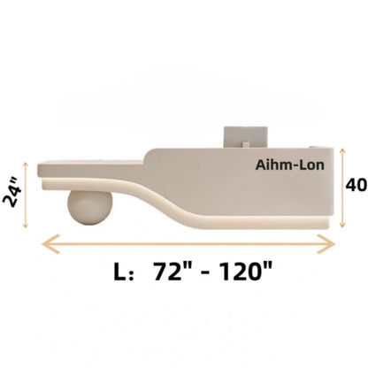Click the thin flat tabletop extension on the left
click(88, 163)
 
